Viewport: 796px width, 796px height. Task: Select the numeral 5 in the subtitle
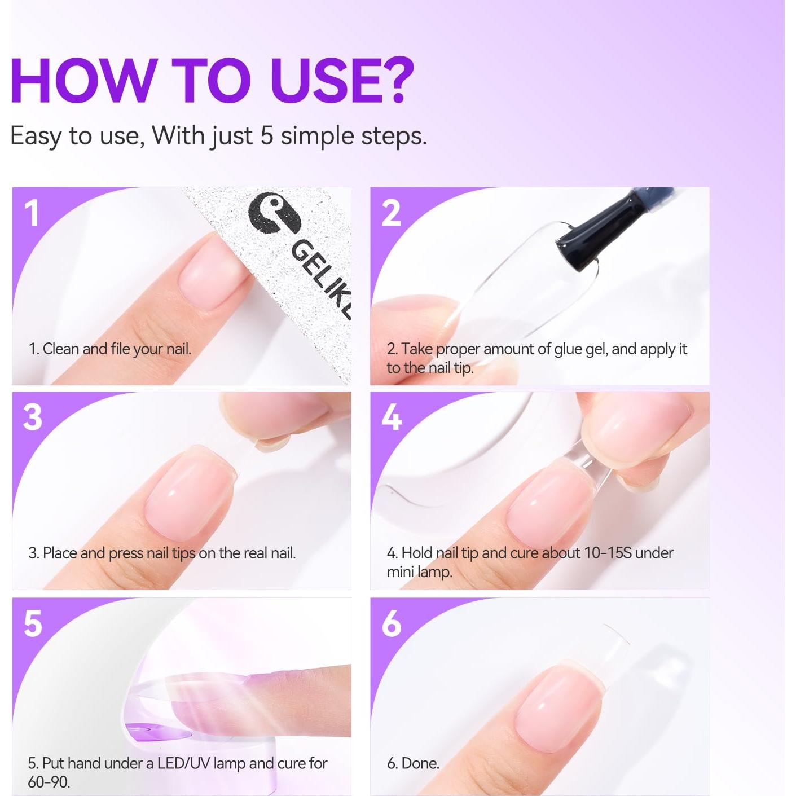tap(267, 136)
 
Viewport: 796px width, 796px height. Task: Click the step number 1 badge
tap(32, 213)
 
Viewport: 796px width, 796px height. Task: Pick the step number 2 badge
tap(391, 213)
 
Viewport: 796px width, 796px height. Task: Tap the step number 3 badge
tap(32, 417)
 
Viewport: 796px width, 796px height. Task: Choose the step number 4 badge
tap(392, 417)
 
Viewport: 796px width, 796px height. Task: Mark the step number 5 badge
tap(33, 623)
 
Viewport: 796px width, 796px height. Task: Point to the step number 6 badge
tap(392, 623)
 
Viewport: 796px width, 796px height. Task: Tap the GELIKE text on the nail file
tap(322, 277)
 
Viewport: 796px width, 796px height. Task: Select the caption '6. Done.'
tap(413, 763)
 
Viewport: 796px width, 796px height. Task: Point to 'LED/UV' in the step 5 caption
tap(183, 763)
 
